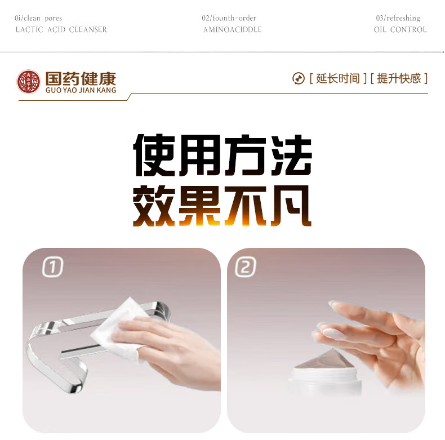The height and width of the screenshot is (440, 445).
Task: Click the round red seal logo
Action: [28, 82]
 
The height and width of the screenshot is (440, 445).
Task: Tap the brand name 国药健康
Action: [81, 79]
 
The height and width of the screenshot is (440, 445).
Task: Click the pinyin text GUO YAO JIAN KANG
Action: [81, 90]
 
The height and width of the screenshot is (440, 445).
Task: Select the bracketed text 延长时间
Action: [338, 79]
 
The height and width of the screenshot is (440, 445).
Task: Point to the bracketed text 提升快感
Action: [399, 79]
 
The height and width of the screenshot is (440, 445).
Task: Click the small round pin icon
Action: [299, 79]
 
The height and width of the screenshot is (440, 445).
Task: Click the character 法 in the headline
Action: [291, 155]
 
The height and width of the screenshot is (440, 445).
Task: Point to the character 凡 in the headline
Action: [291, 206]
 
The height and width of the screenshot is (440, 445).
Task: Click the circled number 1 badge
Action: [52, 266]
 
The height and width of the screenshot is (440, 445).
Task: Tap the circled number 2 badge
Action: [246, 266]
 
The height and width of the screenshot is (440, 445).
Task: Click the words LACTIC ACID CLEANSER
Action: [61, 29]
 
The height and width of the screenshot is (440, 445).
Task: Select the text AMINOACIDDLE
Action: [233, 29]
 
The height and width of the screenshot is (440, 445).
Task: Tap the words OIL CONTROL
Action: [400, 29]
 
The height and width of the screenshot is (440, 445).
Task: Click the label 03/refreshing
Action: [398, 18]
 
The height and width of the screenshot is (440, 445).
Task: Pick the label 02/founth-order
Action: [229, 18]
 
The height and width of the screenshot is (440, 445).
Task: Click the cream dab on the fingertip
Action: [335, 334]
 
